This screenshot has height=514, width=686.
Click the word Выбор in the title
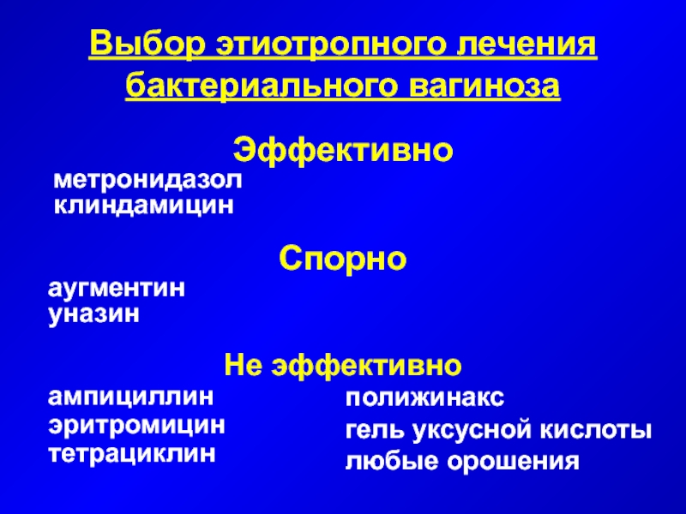147,45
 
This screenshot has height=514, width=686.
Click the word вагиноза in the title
484,86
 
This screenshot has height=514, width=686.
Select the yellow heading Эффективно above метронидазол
343,152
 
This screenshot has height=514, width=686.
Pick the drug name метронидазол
147,180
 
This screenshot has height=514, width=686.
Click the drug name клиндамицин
143,206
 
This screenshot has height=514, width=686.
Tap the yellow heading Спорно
343,259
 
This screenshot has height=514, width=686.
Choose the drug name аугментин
117,289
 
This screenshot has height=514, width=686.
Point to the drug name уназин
93,314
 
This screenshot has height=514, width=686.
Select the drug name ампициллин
131,397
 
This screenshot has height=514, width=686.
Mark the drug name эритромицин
136,425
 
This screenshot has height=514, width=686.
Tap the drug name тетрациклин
132,453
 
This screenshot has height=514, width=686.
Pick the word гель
374,430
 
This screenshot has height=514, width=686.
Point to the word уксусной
470,431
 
